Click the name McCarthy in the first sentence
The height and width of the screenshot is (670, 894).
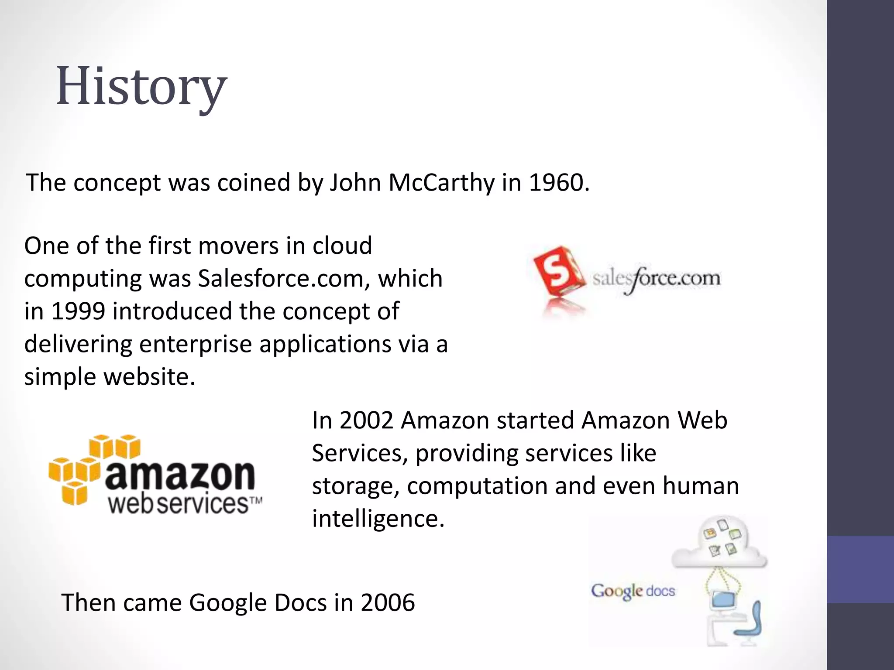click(x=441, y=183)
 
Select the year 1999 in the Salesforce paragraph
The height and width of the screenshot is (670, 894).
click(x=78, y=311)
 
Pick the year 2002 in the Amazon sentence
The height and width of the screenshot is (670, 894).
click(x=366, y=421)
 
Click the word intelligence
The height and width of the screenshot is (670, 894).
click(x=378, y=519)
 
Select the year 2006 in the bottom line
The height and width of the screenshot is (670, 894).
click(x=387, y=603)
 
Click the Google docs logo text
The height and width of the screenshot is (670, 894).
click(x=633, y=591)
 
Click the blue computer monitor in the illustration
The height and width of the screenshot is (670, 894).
click(x=723, y=601)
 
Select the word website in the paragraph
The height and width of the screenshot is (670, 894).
click(x=148, y=377)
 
